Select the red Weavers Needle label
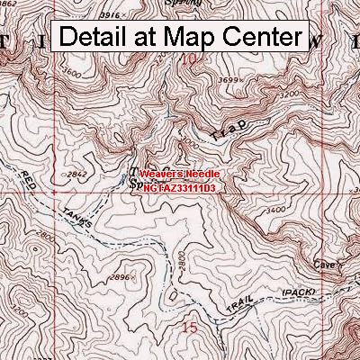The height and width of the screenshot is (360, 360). tap(179, 166)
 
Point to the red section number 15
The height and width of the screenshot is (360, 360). tap(190, 328)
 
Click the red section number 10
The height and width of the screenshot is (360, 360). tap(188, 60)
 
